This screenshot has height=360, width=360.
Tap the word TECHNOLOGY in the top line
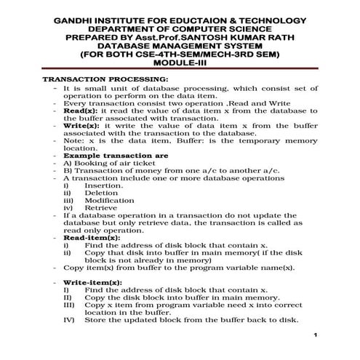(272, 19)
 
